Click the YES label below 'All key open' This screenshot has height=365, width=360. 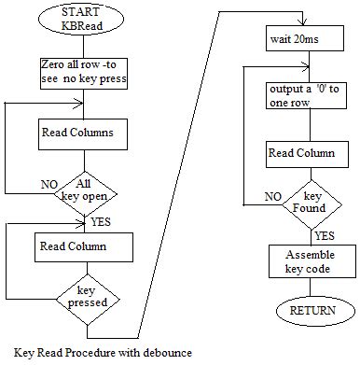coord(101,223)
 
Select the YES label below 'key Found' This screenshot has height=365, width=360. coord(325,235)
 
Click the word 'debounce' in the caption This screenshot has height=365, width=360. coord(165,352)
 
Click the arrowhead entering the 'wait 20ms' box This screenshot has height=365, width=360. coord(303,25)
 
